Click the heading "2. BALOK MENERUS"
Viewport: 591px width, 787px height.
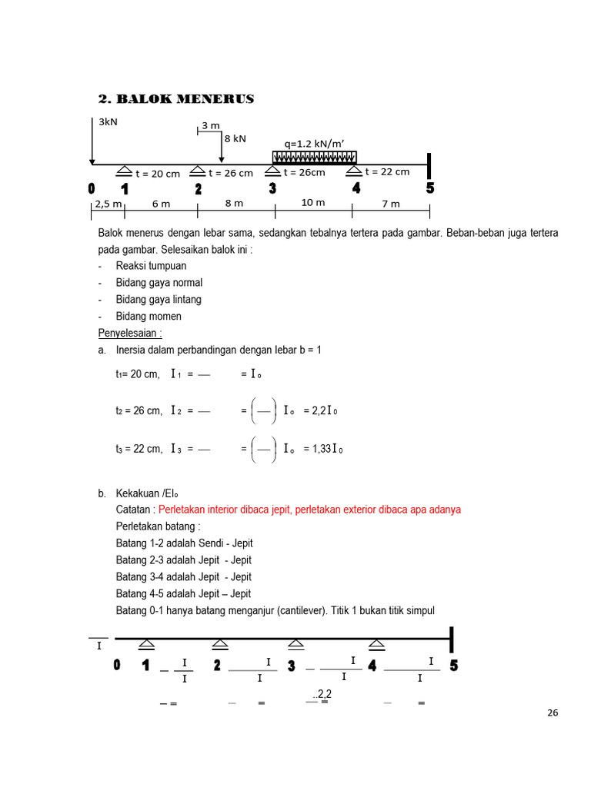(176, 99)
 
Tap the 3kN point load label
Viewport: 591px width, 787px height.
(109, 121)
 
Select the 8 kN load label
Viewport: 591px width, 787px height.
(235, 138)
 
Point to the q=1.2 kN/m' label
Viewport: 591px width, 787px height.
(314, 143)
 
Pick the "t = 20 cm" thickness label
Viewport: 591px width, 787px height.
(158, 174)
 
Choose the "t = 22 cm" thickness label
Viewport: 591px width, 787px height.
(387, 172)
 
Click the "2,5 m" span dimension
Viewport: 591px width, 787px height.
(107, 204)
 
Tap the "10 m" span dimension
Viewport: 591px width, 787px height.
(313, 203)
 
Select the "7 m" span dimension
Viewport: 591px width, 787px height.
(391, 204)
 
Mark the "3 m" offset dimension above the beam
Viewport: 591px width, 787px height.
(211, 125)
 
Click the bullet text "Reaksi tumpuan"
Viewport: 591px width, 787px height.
(151, 266)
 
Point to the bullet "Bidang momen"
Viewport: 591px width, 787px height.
(149, 317)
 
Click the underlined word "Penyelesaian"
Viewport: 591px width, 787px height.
(128, 334)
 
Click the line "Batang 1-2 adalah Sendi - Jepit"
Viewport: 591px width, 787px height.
(184, 543)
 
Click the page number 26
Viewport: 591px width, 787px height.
(553, 712)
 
